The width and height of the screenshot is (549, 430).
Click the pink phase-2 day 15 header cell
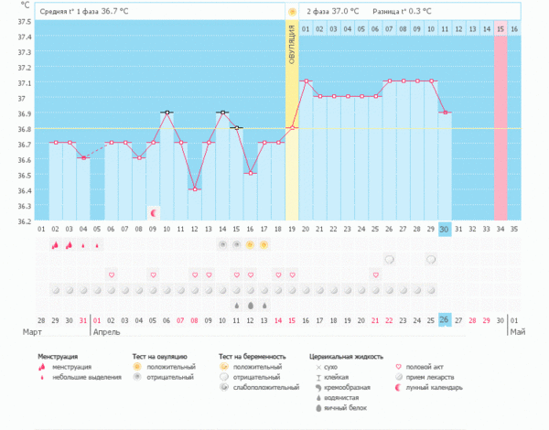(500, 29)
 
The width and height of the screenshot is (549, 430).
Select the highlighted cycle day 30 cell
(444, 229)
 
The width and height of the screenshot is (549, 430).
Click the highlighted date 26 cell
(444, 319)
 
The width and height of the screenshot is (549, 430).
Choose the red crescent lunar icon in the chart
(153, 213)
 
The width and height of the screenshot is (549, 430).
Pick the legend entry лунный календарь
(430, 387)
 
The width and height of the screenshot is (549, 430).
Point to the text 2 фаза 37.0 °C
(332, 12)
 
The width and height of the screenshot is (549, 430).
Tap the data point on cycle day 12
(195, 189)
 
